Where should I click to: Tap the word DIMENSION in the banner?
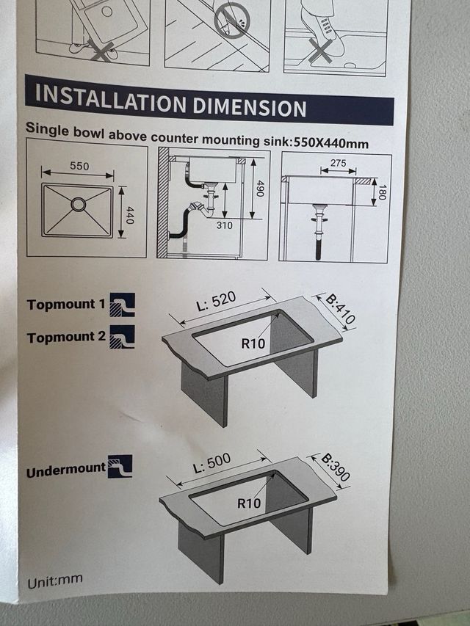coord(250,107)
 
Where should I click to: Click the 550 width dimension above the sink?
coord(79,166)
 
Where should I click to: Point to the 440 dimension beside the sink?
coord(129,215)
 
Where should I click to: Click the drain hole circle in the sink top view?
coord(79,205)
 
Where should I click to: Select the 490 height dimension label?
coord(260,189)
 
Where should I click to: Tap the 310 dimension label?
coord(225,225)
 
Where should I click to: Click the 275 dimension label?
coord(339,163)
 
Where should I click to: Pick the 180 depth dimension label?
coord(382,192)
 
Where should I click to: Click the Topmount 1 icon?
coord(123,305)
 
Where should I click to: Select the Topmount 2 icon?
coord(123,337)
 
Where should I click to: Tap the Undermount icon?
coord(120,466)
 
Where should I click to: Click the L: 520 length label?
coord(216,302)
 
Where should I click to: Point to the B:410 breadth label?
coord(341,309)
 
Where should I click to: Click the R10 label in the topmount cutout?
coord(253,343)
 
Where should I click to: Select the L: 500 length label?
coord(211,463)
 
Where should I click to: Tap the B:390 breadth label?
coord(336,467)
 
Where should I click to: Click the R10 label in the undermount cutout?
coord(249,503)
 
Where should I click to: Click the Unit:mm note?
coord(55,581)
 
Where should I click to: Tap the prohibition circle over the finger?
coord(232,20)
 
